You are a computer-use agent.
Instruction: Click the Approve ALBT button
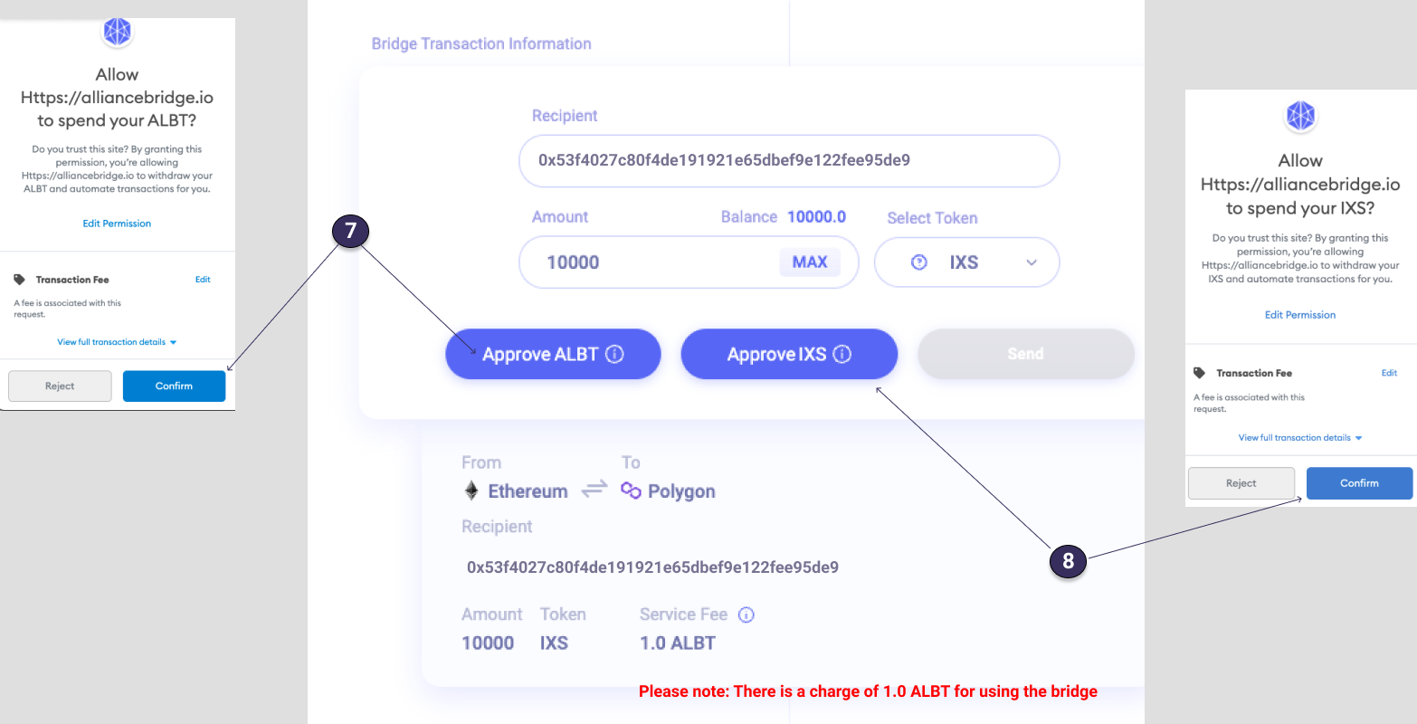(x=553, y=354)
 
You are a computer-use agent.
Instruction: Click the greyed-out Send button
(x=1025, y=354)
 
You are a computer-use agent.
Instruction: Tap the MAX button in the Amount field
(x=810, y=262)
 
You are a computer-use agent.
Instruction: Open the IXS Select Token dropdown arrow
(x=1032, y=262)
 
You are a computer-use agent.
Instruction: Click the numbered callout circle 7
(x=350, y=232)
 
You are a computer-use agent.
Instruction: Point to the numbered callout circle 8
(x=1068, y=561)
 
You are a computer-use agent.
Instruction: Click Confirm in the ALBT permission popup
(x=174, y=386)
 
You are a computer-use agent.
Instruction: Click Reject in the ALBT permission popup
(x=60, y=386)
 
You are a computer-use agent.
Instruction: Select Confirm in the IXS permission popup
(x=1359, y=483)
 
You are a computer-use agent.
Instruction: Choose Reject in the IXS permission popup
(x=1241, y=483)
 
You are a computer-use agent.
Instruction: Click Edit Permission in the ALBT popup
(x=117, y=224)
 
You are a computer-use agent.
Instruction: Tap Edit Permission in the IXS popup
(x=1300, y=315)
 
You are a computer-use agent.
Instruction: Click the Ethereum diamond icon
(x=471, y=491)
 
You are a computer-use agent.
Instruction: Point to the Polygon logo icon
(x=631, y=491)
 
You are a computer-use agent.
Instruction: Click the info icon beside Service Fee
(x=747, y=614)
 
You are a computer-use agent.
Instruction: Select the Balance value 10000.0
(x=816, y=217)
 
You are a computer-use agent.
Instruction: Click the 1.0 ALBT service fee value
(x=678, y=643)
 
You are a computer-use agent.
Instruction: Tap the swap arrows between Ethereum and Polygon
(x=594, y=490)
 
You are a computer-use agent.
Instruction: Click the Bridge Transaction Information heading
(x=481, y=43)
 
